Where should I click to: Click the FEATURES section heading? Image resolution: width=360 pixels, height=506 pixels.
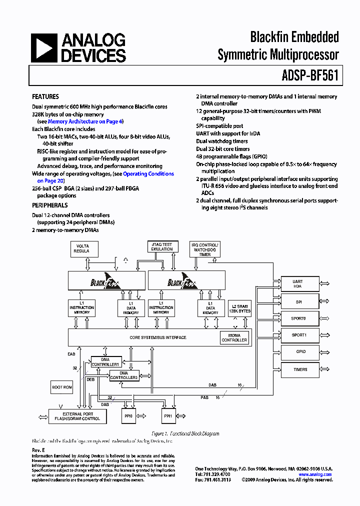[x=45, y=96]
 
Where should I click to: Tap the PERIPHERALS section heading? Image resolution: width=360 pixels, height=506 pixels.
[x=50, y=205]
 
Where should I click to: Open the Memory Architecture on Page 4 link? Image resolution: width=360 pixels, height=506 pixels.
[x=85, y=121]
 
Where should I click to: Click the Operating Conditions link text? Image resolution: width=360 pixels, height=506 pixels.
[x=148, y=173]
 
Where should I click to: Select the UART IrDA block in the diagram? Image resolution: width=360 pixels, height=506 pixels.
[x=298, y=284]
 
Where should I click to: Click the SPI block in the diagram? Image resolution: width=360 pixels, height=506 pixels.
[x=298, y=301]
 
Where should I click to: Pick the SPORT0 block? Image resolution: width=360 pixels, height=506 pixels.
[x=298, y=318]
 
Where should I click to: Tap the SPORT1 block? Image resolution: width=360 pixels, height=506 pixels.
[x=298, y=335]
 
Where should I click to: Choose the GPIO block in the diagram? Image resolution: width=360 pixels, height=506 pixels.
[x=300, y=351]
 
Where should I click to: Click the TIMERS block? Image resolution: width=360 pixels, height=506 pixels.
[x=300, y=369]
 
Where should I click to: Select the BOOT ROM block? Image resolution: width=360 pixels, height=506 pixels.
[x=62, y=387]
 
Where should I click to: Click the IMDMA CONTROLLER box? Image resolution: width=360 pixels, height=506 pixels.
[x=234, y=337]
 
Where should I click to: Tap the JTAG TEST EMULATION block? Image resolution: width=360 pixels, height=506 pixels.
[x=161, y=246]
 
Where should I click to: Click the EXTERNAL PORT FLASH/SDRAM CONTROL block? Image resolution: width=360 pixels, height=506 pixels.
[x=77, y=416]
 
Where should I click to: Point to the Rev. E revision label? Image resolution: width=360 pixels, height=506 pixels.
[x=38, y=450]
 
